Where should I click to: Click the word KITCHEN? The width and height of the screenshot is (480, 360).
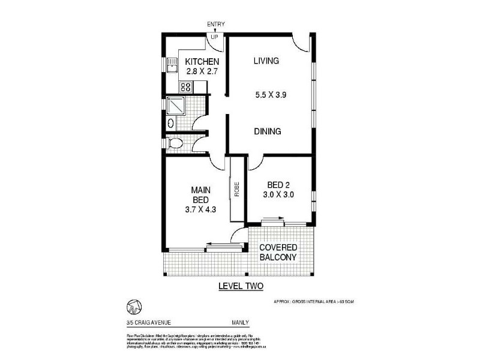click(x=202, y=62)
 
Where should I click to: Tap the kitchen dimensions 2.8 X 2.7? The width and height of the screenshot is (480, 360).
click(x=202, y=72)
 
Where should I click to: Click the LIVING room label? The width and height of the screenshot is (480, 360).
click(x=267, y=61)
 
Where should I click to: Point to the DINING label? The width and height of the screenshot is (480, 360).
click(x=267, y=131)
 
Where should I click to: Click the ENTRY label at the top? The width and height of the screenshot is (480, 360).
click(x=216, y=24)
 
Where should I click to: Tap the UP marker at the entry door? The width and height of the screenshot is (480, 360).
click(x=214, y=36)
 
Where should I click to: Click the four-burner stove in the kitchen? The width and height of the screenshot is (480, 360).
click(x=185, y=87)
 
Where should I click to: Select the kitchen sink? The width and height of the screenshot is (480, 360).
click(x=172, y=65)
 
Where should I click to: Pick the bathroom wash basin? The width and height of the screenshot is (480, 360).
click(x=170, y=124)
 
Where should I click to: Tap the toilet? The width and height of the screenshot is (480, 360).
click(x=175, y=144)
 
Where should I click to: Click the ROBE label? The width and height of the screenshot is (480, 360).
click(x=236, y=189)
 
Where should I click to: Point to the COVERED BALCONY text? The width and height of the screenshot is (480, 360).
click(x=278, y=252)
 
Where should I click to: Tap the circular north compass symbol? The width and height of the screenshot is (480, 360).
click(x=132, y=306)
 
